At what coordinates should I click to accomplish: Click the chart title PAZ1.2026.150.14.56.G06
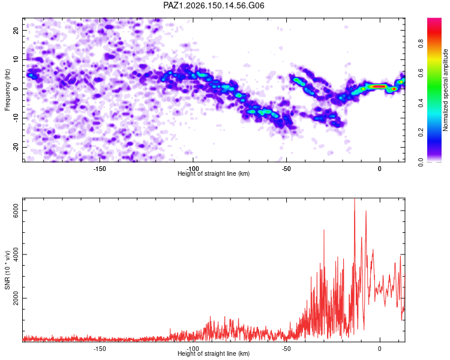pos(214,5)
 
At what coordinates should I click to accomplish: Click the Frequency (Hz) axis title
pos(7,90)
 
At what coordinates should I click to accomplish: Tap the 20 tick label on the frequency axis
pos(16,30)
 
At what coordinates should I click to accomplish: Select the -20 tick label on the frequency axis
pos(16,148)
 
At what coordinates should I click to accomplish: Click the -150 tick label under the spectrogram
pos(100,169)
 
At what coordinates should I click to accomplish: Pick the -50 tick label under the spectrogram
pos(286,169)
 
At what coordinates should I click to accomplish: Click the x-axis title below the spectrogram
pos(214,173)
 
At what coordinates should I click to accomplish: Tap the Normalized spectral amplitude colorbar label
pos(445,90)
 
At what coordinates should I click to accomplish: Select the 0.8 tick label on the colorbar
pos(421,44)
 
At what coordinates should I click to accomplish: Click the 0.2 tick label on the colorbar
pos(421,133)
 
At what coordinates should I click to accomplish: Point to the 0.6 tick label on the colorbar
pos(421,73)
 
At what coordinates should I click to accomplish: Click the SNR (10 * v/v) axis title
pos(7,270)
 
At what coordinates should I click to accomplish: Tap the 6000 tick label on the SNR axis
pos(16,211)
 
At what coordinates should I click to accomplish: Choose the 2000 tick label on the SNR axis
pos(16,298)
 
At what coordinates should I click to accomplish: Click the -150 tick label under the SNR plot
pos(100,349)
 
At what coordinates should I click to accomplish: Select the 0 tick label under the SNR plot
pos(380,349)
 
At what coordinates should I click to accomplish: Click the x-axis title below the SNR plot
pos(214,353)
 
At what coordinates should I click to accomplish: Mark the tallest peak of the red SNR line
pos(355,199)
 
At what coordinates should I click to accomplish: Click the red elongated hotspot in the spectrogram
pos(378,86)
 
